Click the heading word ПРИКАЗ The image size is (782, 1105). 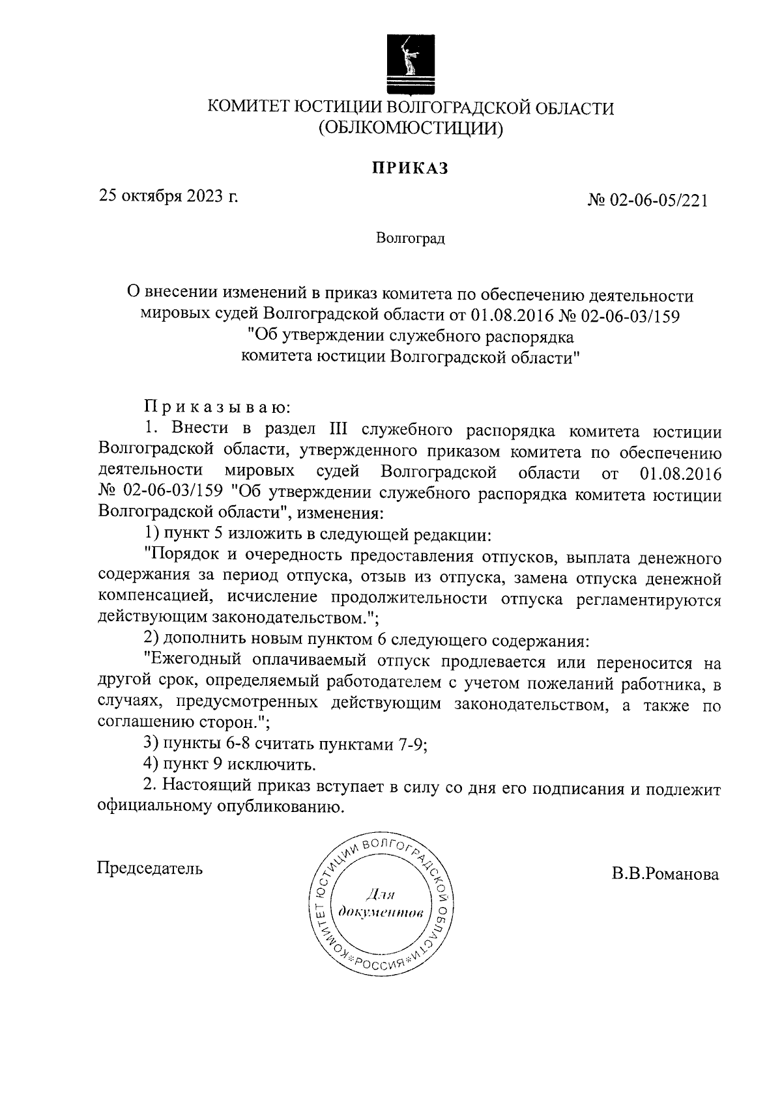tap(411, 169)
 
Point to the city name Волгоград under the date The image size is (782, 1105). tap(411, 239)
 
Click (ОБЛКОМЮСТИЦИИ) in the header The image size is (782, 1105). tap(411, 128)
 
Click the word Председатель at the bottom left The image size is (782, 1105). tap(150, 868)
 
